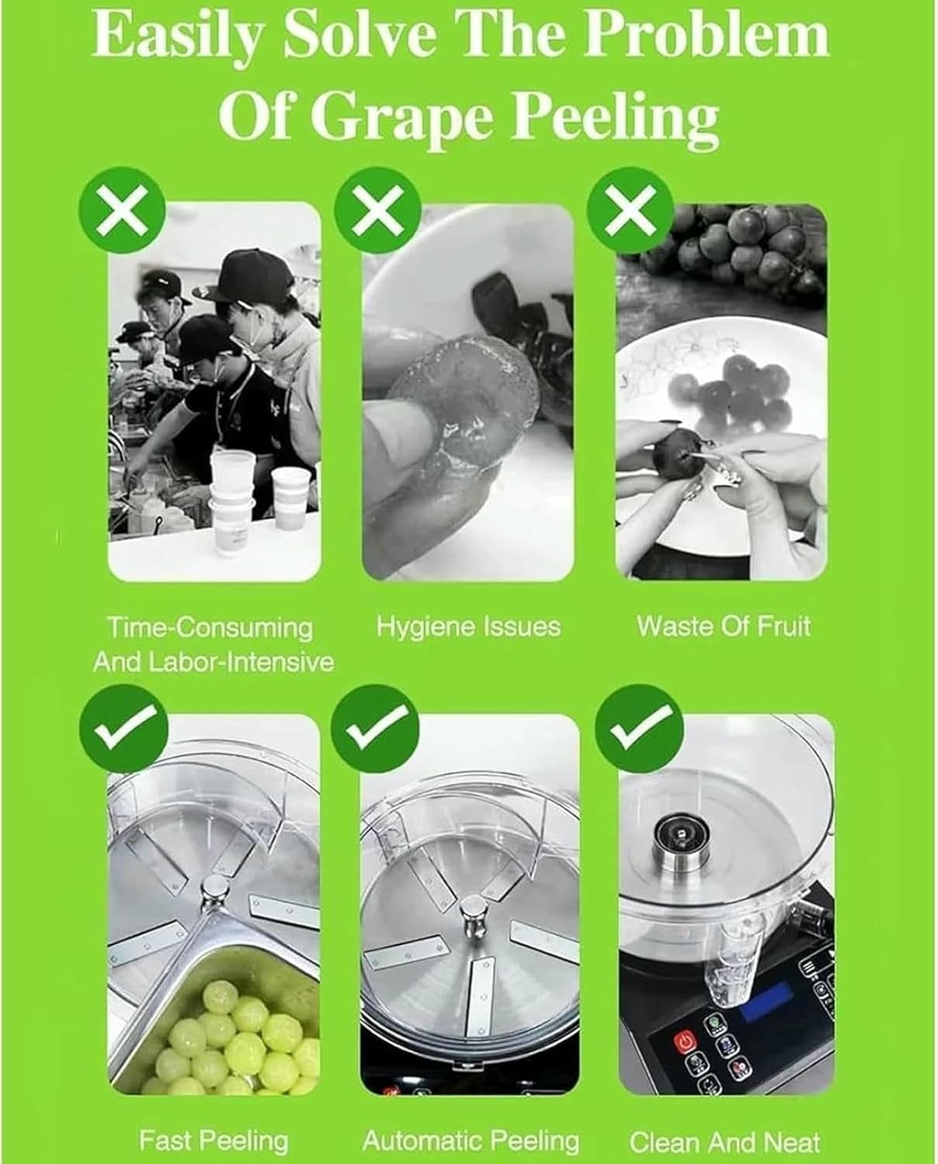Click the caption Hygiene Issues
click(x=468, y=626)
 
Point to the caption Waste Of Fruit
click(x=724, y=626)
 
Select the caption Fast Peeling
click(x=214, y=1141)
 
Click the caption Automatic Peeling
click(x=471, y=1141)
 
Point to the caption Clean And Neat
click(x=724, y=1141)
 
